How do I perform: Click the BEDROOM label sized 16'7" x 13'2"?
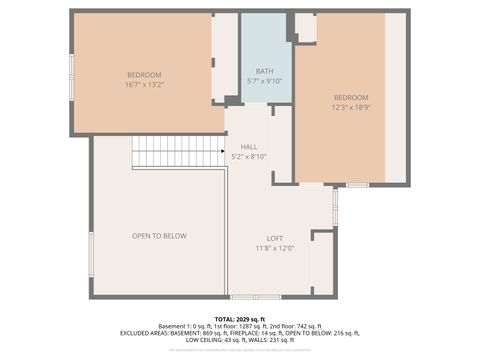coord(145,76)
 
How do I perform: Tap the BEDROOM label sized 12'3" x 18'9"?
coord(350,97)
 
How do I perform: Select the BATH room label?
coord(264,71)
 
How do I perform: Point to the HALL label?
coord(249,146)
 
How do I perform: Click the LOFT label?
coord(274,238)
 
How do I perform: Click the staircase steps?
coord(178,151)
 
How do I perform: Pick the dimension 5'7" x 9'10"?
coord(264,81)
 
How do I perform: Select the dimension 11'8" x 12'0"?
coord(274,248)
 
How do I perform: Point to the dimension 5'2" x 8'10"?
coord(249,156)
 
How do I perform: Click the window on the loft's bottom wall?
coord(256,297)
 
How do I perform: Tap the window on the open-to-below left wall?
coord(90,254)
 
